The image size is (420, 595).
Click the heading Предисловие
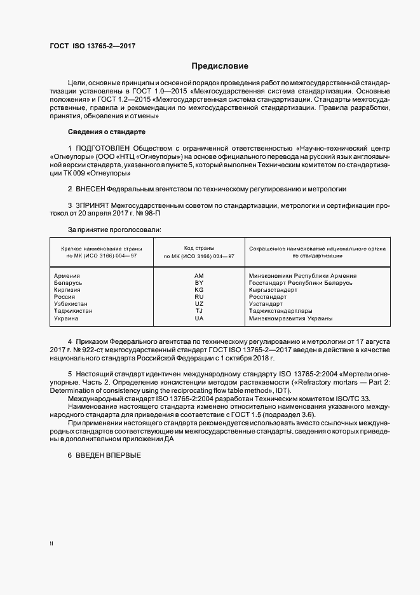point(220,66)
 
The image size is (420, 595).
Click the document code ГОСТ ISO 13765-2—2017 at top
point(93,46)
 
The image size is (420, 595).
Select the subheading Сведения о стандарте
point(107,132)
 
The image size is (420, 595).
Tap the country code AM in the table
point(198,275)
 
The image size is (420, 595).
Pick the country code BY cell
point(198,282)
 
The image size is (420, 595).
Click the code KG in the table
point(198,289)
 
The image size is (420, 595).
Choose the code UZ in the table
point(198,304)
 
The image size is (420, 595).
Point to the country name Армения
point(67,275)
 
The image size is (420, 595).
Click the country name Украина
point(67,318)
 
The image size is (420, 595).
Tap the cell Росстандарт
point(268,297)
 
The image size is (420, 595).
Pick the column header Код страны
point(199,248)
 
